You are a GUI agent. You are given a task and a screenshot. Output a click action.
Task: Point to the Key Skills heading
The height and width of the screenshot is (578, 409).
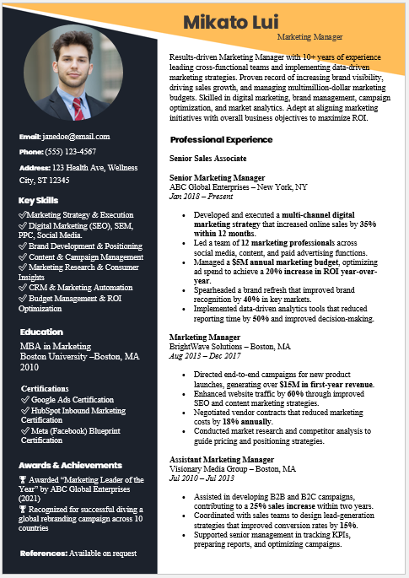click(x=39, y=200)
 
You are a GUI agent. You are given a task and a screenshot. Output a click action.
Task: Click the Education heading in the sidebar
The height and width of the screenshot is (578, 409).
click(x=41, y=332)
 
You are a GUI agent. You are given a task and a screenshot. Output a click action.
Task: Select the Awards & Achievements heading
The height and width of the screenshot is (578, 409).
click(x=70, y=465)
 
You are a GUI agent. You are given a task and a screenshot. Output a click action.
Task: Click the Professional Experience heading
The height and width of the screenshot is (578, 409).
click(x=221, y=139)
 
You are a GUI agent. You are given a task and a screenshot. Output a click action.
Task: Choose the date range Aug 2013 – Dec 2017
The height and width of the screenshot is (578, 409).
click(x=205, y=356)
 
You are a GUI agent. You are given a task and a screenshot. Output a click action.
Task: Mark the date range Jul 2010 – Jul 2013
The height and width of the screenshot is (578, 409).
click(x=203, y=478)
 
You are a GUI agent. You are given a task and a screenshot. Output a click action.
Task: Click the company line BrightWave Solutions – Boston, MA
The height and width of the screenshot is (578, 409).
click(x=230, y=347)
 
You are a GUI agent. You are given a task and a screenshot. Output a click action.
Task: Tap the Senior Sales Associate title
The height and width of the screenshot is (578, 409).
click(x=207, y=158)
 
